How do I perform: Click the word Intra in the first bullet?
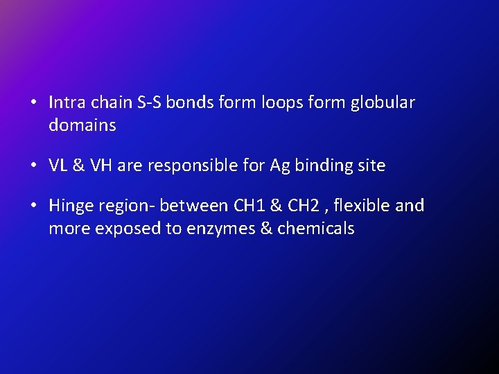(66, 103)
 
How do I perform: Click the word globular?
(383, 103)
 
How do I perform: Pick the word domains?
(82, 125)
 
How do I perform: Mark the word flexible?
(365, 206)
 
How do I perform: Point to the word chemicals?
(315, 229)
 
